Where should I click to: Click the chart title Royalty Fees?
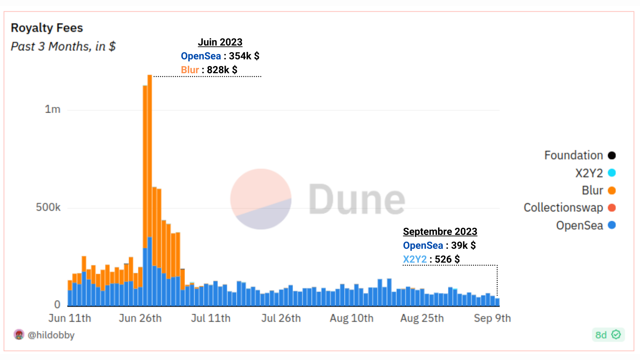point(47,28)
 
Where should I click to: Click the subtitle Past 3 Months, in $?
point(63,47)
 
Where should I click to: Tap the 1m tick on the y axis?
point(53,109)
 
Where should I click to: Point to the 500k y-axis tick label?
point(48,207)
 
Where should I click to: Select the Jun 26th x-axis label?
point(140,318)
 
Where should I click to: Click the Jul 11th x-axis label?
point(210,318)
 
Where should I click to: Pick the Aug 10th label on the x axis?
point(352,318)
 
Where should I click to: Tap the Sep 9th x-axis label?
point(492,318)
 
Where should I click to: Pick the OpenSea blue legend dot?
point(612,225)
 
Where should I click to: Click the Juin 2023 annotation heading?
point(220,42)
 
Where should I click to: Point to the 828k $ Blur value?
point(222,70)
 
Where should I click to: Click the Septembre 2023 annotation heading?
point(440,232)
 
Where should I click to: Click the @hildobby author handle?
point(51,335)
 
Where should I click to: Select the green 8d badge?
point(608,335)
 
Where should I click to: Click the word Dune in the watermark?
point(357,200)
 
